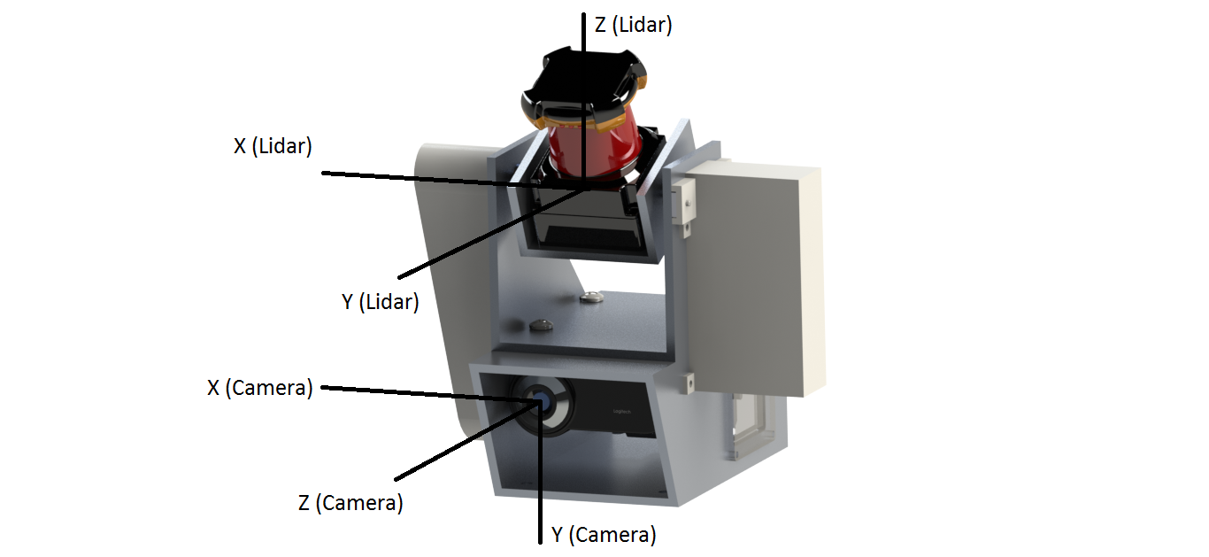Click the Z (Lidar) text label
tap(633, 25)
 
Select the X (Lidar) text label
tap(273, 146)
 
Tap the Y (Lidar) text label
tap(380, 301)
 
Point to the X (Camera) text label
tap(259, 388)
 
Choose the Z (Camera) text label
tap(350, 502)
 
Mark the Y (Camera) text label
tap(604, 534)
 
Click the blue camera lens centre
tap(540, 402)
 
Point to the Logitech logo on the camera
tap(622, 412)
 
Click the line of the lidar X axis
tap(452, 181)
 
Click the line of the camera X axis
tap(430, 394)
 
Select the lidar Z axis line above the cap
tap(583, 33)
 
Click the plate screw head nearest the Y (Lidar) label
tap(541, 325)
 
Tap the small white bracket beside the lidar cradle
tap(684, 201)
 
